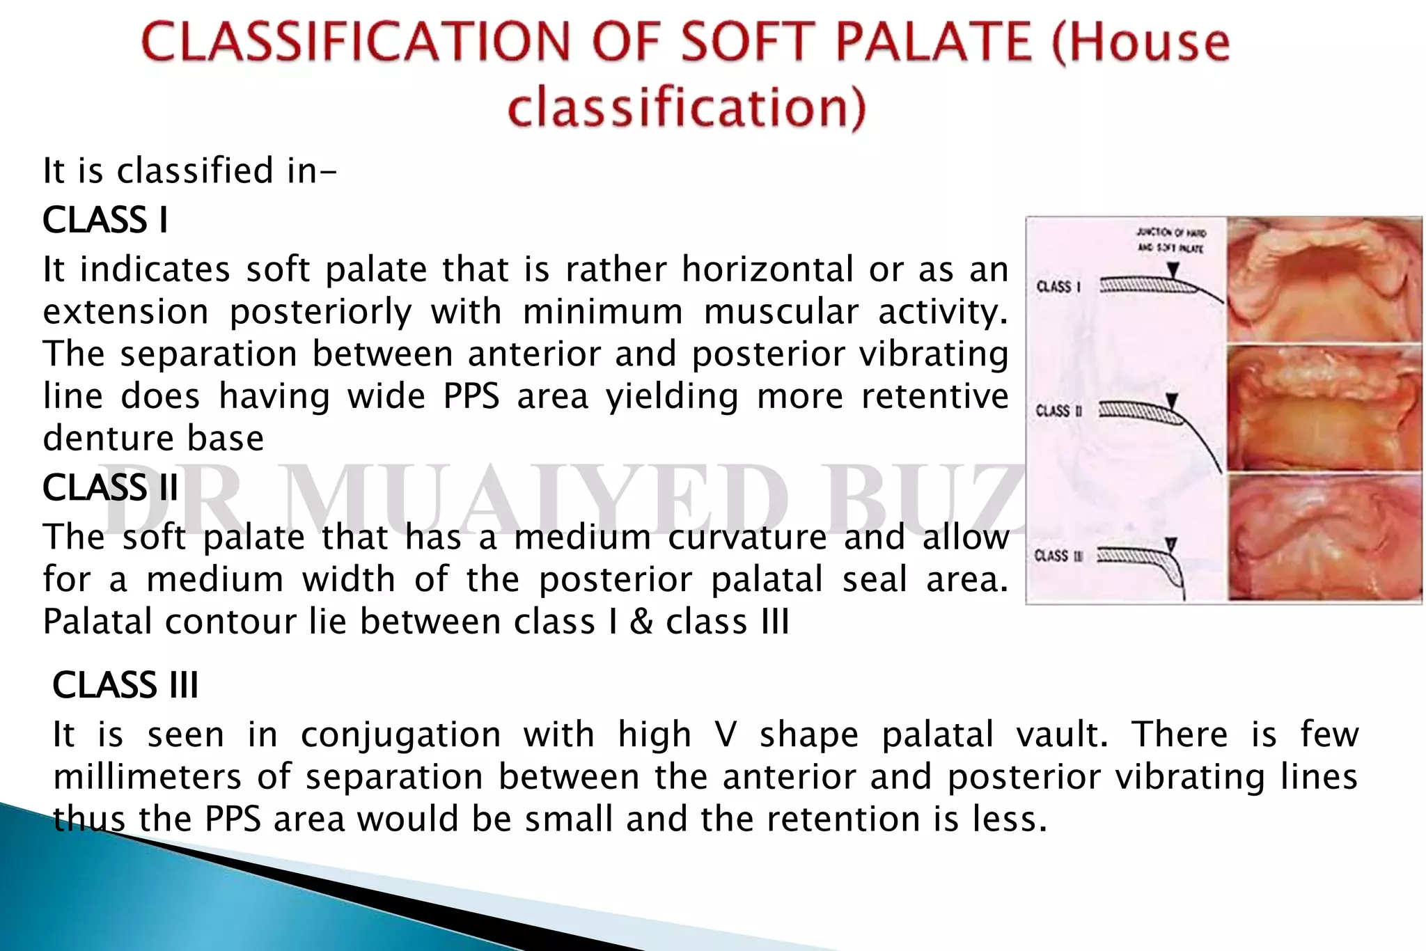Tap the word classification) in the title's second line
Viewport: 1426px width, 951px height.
tap(687, 108)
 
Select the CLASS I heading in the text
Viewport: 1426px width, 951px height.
tap(105, 220)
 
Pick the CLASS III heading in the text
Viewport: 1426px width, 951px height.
tap(125, 685)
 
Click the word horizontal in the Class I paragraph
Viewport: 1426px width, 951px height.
tap(767, 269)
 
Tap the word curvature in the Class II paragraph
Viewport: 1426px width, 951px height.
tap(746, 537)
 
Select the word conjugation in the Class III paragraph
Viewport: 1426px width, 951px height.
tap(400, 735)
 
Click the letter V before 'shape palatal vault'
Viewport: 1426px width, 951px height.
tap(725, 735)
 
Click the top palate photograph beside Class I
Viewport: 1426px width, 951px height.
tap(1323, 280)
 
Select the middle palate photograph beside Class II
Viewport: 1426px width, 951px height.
tap(1323, 409)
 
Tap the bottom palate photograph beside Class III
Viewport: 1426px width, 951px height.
tap(1323, 537)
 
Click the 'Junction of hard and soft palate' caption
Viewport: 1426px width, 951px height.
tap(1170, 240)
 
